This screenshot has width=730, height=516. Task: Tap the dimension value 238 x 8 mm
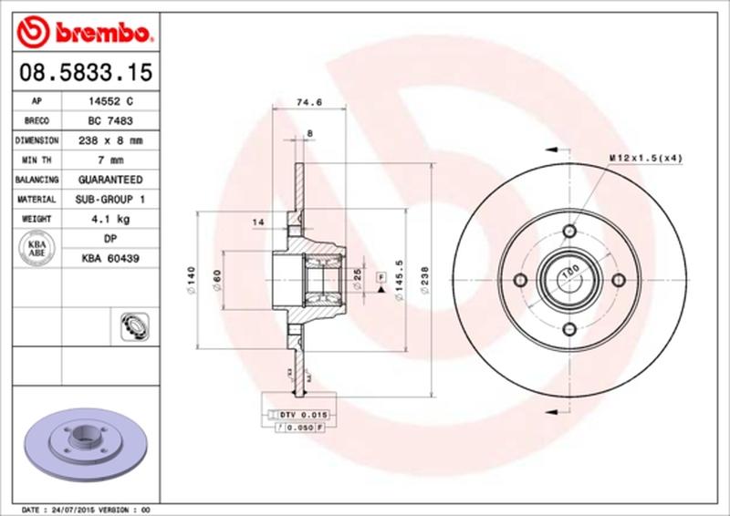(109, 141)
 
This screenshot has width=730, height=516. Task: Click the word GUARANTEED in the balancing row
(109, 180)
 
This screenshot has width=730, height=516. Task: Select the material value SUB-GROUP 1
(109, 199)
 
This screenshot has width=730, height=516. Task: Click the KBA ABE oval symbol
(36, 248)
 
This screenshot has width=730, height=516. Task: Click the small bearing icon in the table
(130, 325)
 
